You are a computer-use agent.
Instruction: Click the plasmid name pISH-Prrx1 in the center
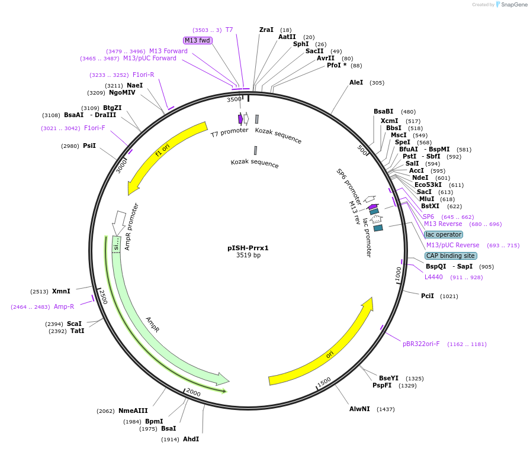pos(248,248)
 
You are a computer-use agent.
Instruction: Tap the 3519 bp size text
pos(248,256)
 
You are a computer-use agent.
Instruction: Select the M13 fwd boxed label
pos(197,40)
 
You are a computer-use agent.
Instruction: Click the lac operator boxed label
pos(444,234)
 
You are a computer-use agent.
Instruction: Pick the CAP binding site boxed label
pos(450,256)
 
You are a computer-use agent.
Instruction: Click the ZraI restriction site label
pos(266,30)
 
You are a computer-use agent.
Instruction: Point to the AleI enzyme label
pos(356,82)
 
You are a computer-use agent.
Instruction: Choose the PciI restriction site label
pos(428,296)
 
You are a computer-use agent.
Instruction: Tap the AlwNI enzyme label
pos(359,409)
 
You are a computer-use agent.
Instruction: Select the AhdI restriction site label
pos(191,439)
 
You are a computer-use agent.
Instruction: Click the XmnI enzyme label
pos(61,291)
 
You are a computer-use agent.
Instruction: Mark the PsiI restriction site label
pos(89,146)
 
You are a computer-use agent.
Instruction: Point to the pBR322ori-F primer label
pos(421,344)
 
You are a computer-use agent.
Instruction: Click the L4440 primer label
pos(433,277)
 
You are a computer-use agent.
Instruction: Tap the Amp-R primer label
pos(64,306)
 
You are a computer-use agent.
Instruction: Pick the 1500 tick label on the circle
pos(323,383)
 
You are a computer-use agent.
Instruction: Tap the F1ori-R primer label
pos(143,75)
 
